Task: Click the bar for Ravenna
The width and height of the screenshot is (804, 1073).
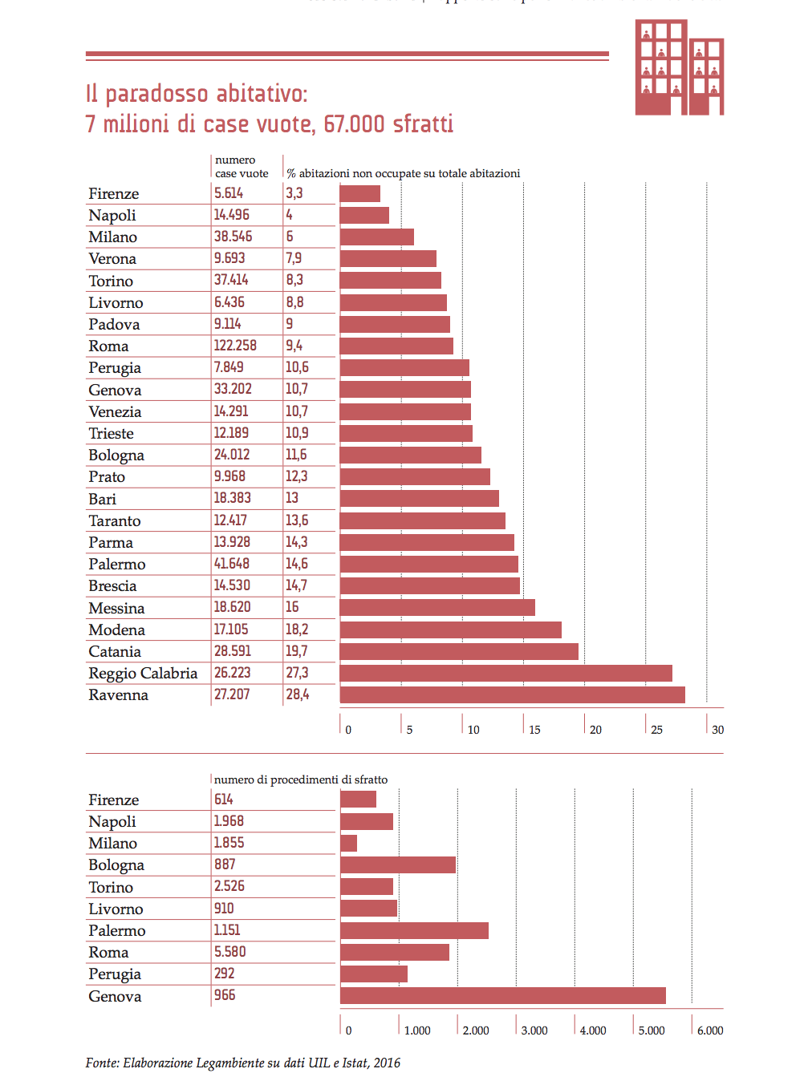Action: pyautogui.click(x=512, y=694)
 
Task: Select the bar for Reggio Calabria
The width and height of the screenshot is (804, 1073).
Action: pyautogui.click(x=506, y=673)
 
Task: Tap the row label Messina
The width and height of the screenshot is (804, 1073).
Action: pyautogui.click(x=116, y=608)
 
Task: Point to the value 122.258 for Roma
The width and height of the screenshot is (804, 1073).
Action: pyautogui.click(x=235, y=346)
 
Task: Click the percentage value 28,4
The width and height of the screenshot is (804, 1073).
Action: pyautogui.click(x=298, y=694)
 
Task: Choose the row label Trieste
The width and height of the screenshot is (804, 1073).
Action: pyautogui.click(x=111, y=433)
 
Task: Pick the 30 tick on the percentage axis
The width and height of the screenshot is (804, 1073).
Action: pyautogui.click(x=717, y=730)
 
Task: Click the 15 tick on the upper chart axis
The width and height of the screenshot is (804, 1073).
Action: pyautogui.click(x=534, y=730)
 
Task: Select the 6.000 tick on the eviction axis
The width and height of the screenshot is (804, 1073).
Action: pyautogui.click(x=709, y=1030)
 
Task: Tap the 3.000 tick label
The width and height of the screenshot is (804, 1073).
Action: pyautogui.click(x=534, y=1030)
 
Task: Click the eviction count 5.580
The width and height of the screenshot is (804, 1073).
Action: pyautogui.click(x=229, y=952)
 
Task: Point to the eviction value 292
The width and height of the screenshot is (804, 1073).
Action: pyautogui.click(x=224, y=974)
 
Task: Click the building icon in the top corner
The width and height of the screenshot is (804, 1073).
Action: pyautogui.click(x=679, y=68)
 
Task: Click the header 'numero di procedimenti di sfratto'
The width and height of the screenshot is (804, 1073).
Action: pyautogui.click(x=301, y=779)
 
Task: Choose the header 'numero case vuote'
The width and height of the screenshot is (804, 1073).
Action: pyautogui.click(x=241, y=167)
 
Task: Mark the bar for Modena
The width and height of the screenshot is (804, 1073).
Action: pyautogui.click(x=450, y=630)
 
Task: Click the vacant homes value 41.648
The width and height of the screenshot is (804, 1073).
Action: pyautogui.click(x=231, y=564)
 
